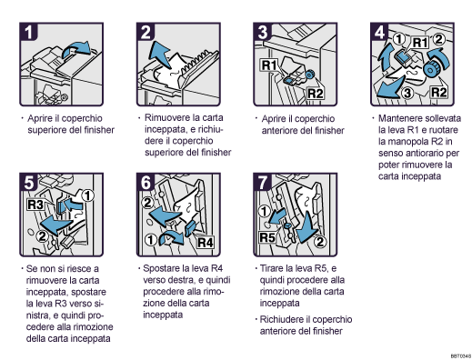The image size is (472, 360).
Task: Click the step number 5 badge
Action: pyautogui.click(x=32, y=182)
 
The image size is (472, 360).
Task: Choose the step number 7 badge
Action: pyautogui.click(x=265, y=182)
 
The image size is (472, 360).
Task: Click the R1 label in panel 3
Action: pyautogui.click(x=269, y=66)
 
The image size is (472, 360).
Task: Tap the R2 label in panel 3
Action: pyautogui.click(x=315, y=93)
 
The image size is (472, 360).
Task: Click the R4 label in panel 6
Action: pyautogui.click(x=204, y=243)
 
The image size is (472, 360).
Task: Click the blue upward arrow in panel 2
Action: pyautogui.click(x=163, y=51)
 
